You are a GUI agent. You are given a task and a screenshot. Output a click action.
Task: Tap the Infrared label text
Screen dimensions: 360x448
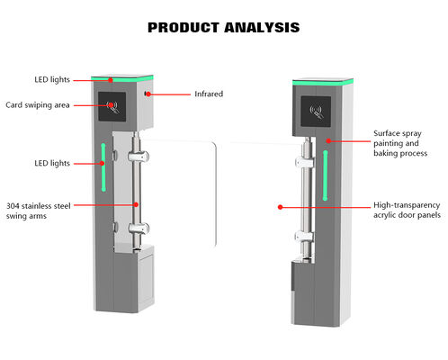(209, 93)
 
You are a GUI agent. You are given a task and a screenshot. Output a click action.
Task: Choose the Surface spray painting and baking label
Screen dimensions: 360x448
(401, 144)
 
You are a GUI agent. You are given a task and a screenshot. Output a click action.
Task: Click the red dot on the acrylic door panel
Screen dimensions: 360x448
(280, 206)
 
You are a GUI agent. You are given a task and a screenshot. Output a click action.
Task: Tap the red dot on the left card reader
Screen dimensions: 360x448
(112, 104)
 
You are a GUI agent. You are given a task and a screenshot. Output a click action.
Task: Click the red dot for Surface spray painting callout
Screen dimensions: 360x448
(329, 140)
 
